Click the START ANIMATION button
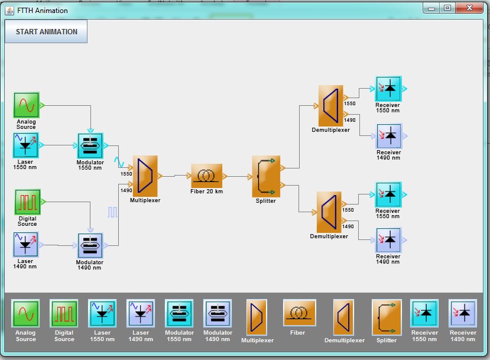click(x=46, y=32)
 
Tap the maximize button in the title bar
click(x=447, y=8)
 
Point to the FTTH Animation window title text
click(x=42, y=10)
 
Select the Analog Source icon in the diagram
click(x=27, y=105)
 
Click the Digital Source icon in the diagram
click(x=27, y=202)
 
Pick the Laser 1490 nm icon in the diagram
click(x=25, y=245)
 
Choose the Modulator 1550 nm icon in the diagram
click(x=90, y=145)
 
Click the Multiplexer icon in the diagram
click(x=145, y=176)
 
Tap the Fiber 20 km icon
click(x=207, y=176)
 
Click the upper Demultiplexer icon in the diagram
click(x=330, y=105)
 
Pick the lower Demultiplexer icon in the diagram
click(x=329, y=212)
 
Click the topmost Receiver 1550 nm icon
click(x=388, y=89)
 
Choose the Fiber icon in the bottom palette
click(x=298, y=314)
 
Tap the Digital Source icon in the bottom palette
click(x=64, y=314)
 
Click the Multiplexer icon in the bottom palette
click(x=257, y=318)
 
